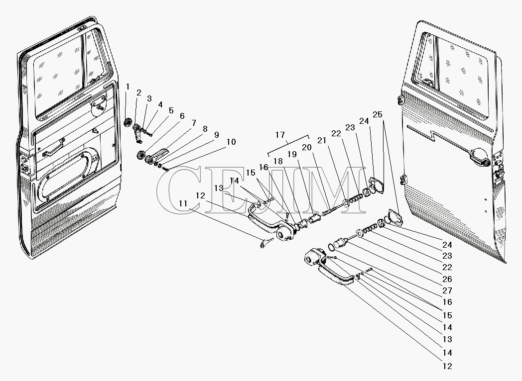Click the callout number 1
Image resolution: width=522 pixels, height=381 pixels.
pyautogui.click(x=128, y=87)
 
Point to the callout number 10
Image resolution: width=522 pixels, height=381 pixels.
pyautogui.click(x=231, y=142)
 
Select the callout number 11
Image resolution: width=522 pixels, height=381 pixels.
pyautogui.click(x=184, y=204)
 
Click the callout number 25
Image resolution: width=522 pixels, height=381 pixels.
pyautogui.click(x=378, y=115)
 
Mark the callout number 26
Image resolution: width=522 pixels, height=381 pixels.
pyautogui.click(x=447, y=279)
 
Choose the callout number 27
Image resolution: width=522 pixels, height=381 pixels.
pyautogui.click(x=447, y=290)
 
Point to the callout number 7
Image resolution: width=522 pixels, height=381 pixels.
pyautogui.click(x=193, y=122)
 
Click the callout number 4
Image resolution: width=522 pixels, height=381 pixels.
pyautogui.click(x=160, y=104)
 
